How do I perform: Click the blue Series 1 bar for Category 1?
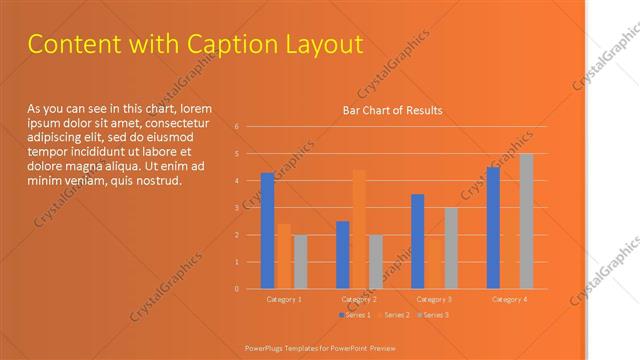(x=267, y=231)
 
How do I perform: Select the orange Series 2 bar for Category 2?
(x=358, y=229)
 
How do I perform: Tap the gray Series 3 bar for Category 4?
(x=526, y=221)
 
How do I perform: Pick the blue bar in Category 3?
(x=417, y=241)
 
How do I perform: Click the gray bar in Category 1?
(x=300, y=262)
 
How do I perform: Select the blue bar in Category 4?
(x=493, y=228)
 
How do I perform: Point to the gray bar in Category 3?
(x=451, y=248)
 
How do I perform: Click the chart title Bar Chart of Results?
(x=392, y=110)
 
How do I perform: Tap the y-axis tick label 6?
(x=237, y=127)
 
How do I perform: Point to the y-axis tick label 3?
(x=237, y=208)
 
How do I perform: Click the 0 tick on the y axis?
(x=237, y=289)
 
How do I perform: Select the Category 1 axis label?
(x=284, y=300)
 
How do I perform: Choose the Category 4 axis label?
(x=509, y=300)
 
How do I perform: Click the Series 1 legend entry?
(x=356, y=315)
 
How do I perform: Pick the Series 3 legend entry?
(x=432, y=315)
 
